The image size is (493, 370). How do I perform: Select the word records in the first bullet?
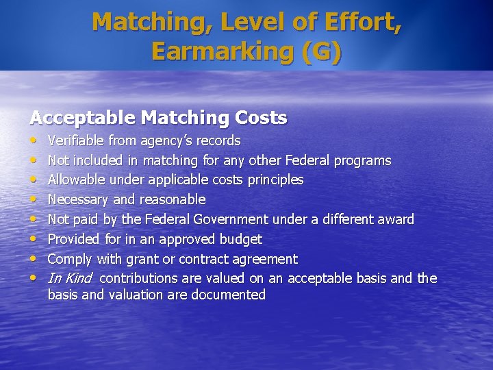coord(218,140)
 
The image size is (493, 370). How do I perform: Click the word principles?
coord(273,180)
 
